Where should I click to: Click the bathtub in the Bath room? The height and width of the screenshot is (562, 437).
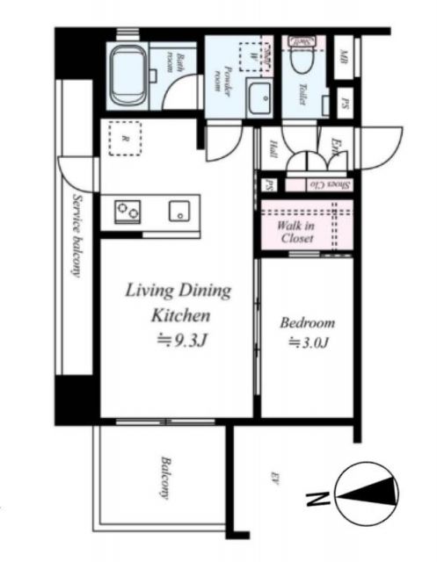129,66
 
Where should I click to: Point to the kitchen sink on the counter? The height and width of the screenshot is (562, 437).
179,212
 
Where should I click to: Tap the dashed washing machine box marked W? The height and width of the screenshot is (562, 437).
255,54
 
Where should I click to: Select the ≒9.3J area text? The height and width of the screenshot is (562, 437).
178,339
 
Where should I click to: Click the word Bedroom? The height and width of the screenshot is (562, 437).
307,322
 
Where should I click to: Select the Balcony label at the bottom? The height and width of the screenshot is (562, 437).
164,478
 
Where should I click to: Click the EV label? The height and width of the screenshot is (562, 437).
275,478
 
